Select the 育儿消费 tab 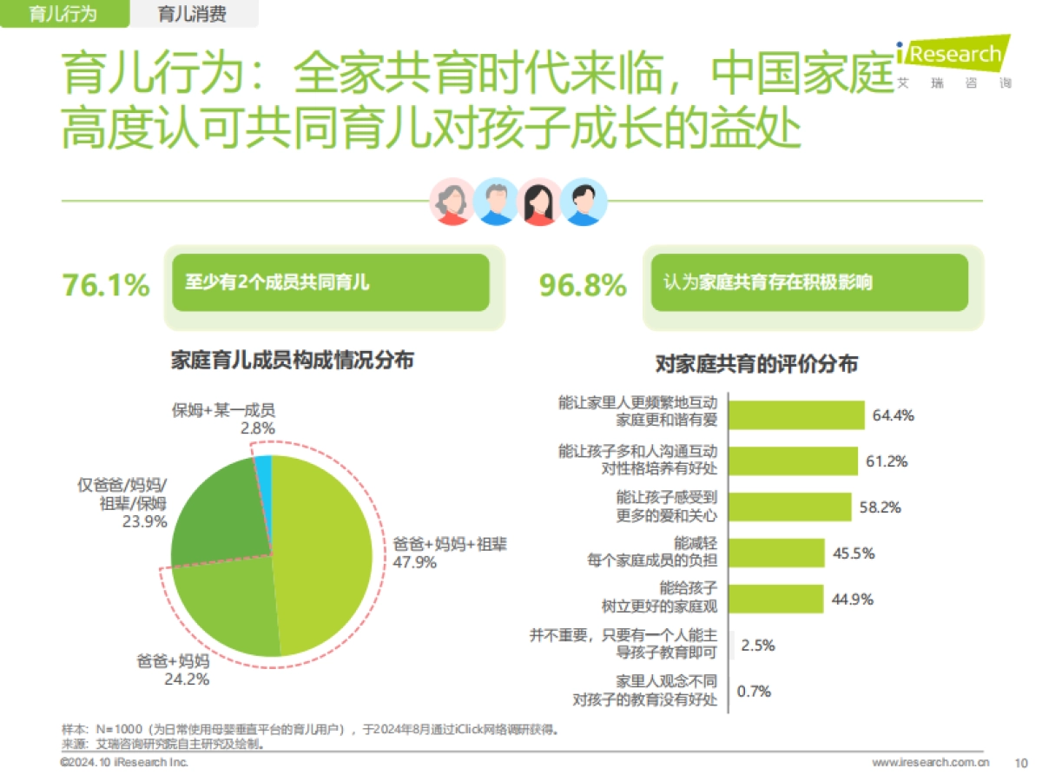[192, 14]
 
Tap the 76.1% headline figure [105, 285]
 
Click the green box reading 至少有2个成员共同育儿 [330, 282]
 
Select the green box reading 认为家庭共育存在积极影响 [809, 282]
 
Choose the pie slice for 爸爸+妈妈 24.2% [226, 608]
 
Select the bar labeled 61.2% [793, 461]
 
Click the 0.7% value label [754, 692]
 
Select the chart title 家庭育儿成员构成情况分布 [292, 360]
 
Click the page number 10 [1020, 763]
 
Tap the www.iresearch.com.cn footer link [930, 763]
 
